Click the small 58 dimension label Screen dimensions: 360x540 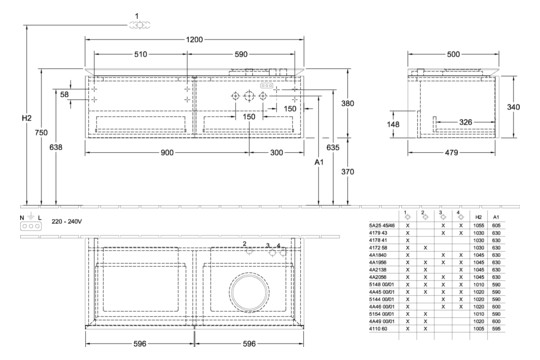coord(66,94)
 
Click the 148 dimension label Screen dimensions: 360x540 coord(394,125)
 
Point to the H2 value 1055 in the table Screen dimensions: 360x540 coord(479,227)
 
